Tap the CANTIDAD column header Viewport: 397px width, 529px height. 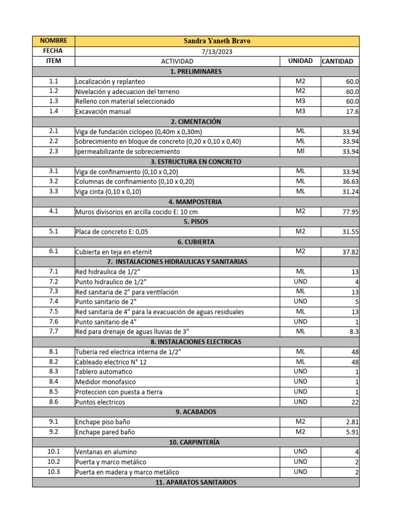[x=338, y=61]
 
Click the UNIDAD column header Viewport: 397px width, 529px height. [x=300, y=61]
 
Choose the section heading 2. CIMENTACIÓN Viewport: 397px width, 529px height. [x=195, y=122]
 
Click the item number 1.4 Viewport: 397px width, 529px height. [x=54, y=111]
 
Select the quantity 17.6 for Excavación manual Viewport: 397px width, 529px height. [x=353, y=112]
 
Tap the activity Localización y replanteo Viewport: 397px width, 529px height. [x=110, y=82]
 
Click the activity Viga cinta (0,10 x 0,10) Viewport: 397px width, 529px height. [x=108, y=192]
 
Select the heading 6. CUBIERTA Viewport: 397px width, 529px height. [x=195, y=242]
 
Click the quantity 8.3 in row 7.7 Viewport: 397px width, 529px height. [x=354, y=332]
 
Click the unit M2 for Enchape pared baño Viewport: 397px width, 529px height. [x=300, y=432]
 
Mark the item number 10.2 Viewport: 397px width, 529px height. [x=54, y=462]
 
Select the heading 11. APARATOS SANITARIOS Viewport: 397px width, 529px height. [x=195, y=483]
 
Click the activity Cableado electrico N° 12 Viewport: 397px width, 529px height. [x=111, y=362]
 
